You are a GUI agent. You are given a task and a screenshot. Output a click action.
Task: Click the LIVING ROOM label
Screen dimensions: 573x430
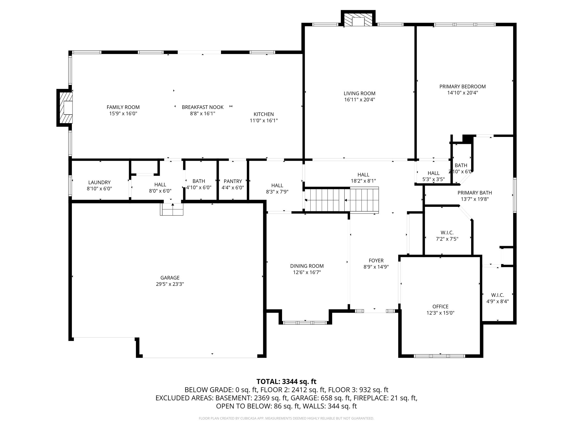360,94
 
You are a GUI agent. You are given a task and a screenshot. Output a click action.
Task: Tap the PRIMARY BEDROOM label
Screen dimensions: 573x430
462,87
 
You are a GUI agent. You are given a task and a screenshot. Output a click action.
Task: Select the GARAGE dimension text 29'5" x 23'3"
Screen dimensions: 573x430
170,284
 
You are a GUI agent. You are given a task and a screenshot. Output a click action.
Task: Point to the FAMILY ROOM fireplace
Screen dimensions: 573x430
65,108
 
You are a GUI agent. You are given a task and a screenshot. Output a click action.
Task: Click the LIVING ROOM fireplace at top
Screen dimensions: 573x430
358,19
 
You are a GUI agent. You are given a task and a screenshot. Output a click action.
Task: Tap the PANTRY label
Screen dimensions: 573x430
233,181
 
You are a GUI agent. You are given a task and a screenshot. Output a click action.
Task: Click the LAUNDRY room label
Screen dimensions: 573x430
99,183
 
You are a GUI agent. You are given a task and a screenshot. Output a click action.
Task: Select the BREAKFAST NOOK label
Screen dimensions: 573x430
203,107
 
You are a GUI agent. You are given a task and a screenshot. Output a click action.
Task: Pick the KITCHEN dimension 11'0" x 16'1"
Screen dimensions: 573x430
264,120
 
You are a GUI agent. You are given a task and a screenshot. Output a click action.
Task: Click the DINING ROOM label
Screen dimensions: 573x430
307,266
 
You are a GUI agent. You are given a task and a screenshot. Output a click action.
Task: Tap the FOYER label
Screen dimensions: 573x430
376,261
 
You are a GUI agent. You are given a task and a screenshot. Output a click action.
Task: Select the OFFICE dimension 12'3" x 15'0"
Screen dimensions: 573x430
440,313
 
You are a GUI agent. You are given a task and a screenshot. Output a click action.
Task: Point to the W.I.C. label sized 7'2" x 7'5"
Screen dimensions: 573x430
447,233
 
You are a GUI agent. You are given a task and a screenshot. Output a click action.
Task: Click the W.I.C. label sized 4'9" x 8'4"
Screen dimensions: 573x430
497,295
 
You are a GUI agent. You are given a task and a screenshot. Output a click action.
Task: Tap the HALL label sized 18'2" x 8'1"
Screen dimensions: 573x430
363,175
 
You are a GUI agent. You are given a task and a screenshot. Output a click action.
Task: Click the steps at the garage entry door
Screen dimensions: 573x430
172,209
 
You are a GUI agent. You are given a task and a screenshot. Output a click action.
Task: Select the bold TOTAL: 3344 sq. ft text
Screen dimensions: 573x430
286,382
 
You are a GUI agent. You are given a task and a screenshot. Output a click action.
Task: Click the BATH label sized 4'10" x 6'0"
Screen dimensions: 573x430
199,181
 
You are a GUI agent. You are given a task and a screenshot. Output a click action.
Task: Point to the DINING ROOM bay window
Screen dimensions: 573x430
305,322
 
